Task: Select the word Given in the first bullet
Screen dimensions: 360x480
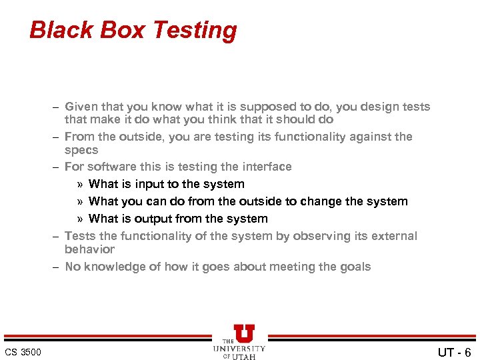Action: pos(81,107)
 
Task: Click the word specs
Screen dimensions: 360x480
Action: pos(81,151)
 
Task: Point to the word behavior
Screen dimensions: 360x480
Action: pos(89,249)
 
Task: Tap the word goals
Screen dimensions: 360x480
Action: pos(355,267)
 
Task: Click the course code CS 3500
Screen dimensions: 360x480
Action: pos(23,352)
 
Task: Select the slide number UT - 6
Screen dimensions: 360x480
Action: pos(454,352)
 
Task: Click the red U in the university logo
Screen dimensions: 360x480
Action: pos(244,334)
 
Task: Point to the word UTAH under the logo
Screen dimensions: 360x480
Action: pos(245,356)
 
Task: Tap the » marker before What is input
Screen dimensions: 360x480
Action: pos(79,184)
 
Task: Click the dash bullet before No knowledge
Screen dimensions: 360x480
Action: pos(57,267)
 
